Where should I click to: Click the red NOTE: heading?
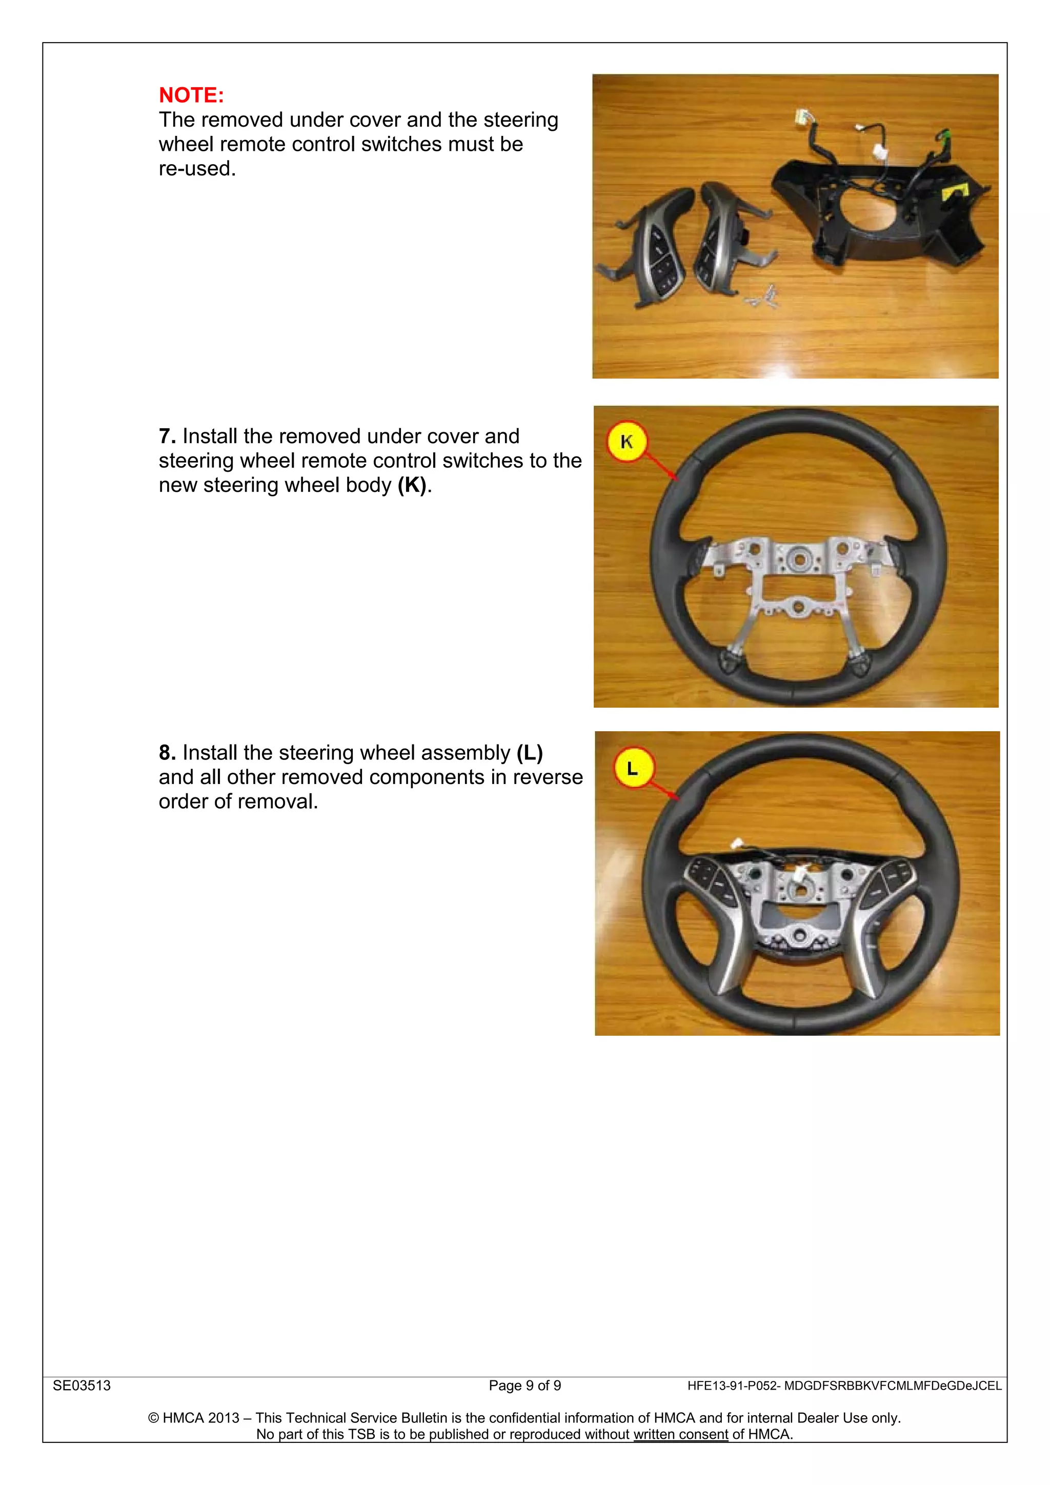tap(191, 95)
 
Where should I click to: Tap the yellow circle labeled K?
tap(627, 442)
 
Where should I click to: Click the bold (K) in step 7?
tap(412, 485)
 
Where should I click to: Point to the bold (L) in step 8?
tap(530, 753)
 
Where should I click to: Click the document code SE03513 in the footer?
tap(82, 1386)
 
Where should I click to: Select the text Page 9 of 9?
tap(525, 1386)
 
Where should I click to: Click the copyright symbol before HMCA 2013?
tap(154, 1418)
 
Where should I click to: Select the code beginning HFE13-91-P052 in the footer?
tap(844, 1386)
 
